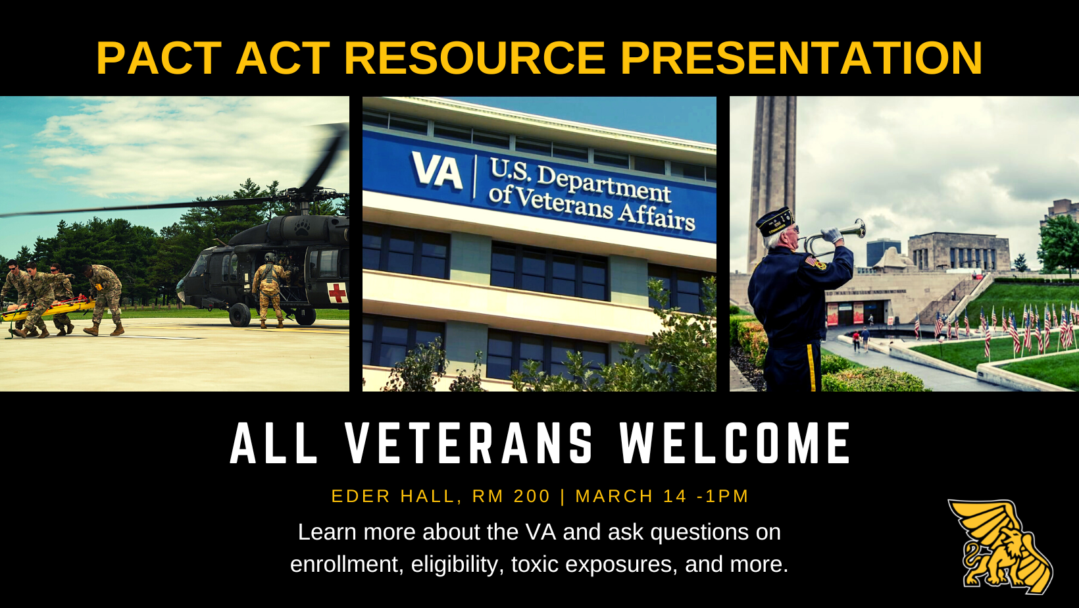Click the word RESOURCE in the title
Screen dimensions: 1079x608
474,58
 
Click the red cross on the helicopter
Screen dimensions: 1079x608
337,292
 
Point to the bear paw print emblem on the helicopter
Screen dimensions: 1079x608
302,228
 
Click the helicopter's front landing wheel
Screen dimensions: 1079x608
239,315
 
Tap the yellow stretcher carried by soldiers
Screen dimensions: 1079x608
48,310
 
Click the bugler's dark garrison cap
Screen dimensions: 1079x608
774,221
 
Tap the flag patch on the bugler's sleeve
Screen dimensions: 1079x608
811,262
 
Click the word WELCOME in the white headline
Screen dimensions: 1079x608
735,443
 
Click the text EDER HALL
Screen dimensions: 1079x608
395,496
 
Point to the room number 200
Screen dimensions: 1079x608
532,496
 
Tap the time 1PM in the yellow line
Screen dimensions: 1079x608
727,496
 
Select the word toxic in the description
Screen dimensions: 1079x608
534,564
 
